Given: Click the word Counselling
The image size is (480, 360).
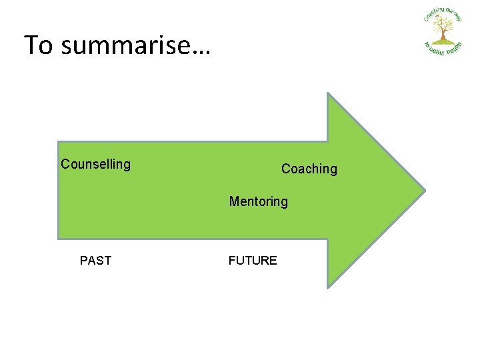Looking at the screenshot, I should click(95, 164).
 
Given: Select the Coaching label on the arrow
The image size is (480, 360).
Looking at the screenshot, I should click(309, 169).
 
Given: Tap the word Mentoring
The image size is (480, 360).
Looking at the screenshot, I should click(259, 201).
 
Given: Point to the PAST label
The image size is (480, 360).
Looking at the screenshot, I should click(95, 261).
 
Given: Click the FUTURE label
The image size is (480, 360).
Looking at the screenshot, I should click(252, 261).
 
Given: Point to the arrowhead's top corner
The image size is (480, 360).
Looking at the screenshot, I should click(328, 93).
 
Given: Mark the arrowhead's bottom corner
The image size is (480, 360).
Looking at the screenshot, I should click(328, 287).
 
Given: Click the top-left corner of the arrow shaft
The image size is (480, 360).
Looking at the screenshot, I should click(59, 141).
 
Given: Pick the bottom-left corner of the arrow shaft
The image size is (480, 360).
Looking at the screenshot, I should click(59, 238).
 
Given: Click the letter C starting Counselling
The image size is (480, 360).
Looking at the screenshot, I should click(65, 164).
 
